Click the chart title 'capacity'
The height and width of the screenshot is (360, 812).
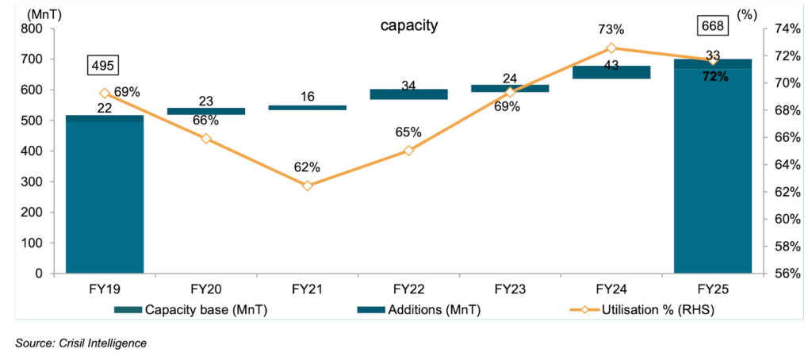408,26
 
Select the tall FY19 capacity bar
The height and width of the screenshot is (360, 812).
104,198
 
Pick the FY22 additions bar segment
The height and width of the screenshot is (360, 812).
408,94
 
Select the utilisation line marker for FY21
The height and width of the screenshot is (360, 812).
307,186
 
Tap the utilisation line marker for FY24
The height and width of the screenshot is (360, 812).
611,48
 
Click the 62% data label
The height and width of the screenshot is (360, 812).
307,167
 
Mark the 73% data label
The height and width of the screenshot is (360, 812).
611,29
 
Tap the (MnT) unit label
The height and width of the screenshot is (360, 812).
27,13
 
